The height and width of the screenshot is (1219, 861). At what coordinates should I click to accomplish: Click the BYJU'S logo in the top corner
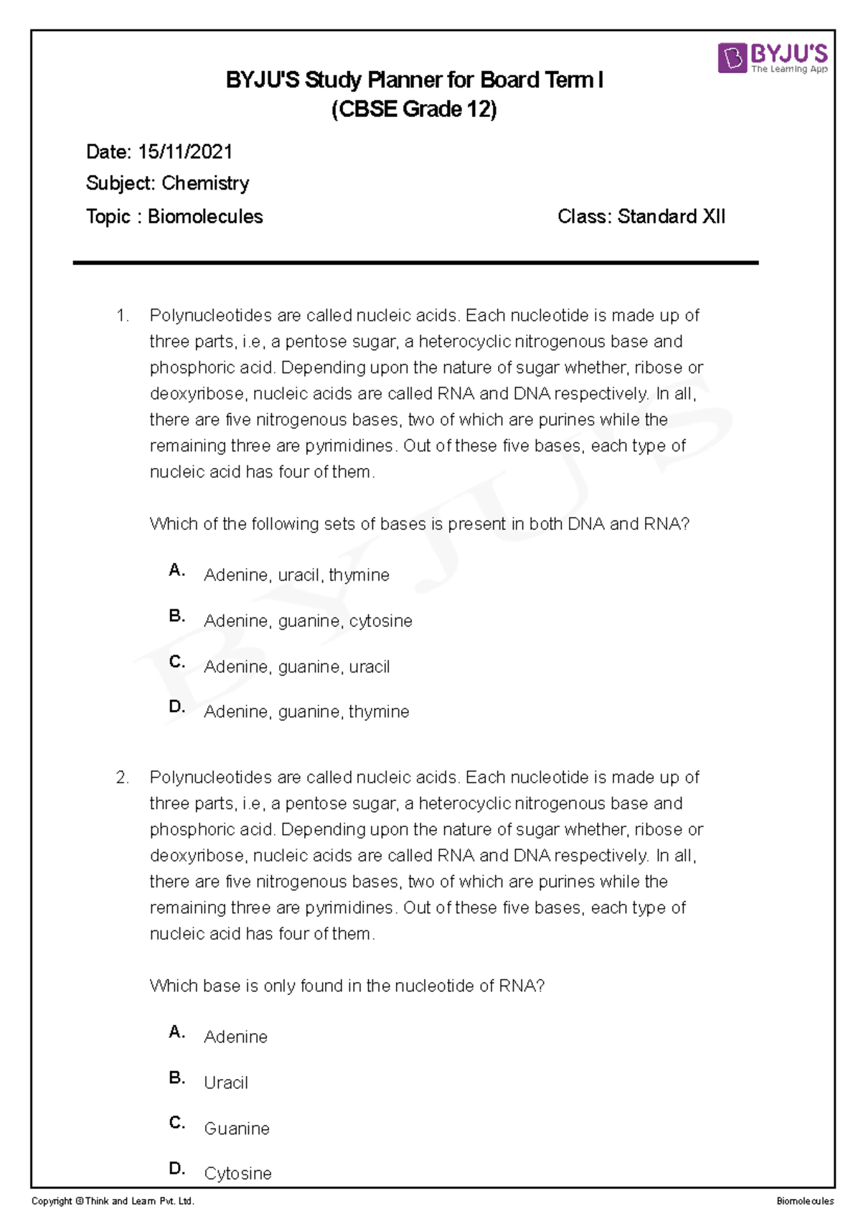(773, 57)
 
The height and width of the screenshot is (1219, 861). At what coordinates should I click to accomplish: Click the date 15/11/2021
(185, 151)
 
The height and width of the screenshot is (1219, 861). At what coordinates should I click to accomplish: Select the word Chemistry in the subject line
(205, 183)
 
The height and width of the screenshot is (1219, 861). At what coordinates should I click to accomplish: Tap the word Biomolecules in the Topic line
(205, 216)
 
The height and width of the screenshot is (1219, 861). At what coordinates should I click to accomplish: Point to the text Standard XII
(671, 216)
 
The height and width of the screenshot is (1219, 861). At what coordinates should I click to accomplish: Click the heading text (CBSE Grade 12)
(414, 109)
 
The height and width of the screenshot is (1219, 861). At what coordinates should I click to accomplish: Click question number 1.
(122, 316)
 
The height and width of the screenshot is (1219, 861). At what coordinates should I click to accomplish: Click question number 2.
(122, 777)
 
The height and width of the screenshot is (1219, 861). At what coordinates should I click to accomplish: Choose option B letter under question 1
(177, 616)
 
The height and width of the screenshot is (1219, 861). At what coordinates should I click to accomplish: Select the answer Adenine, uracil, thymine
(296, 575)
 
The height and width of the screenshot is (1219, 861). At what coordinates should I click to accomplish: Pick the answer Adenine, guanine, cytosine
(308, 621)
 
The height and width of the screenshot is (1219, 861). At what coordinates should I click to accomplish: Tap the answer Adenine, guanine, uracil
(296, 667)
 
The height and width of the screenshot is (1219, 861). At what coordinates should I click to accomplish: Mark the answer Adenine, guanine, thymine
(306, 711)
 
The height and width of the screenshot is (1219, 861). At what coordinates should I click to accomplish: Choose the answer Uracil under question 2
(226, 1083)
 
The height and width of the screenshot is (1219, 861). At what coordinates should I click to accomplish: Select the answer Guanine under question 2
(237, 1129)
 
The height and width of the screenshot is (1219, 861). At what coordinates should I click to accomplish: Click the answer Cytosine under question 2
(237, 1174)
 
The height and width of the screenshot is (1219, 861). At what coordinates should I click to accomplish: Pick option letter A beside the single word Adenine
(177, 1032)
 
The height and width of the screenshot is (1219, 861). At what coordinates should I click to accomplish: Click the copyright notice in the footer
(113, 1201)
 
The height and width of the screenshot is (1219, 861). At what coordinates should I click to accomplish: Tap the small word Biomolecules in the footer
(805, 1201)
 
